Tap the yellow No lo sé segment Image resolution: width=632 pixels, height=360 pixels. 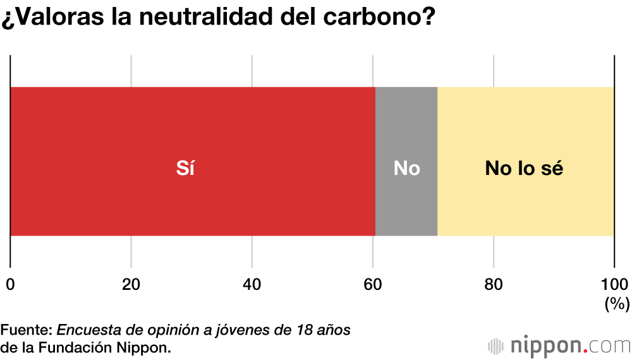point(525,126)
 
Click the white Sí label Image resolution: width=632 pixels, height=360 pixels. point(185,169)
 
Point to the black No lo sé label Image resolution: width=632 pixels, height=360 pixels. point(524,169)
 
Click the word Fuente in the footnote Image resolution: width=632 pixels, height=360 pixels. point(26,330)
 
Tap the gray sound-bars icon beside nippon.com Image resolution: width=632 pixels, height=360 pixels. point(497,346)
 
